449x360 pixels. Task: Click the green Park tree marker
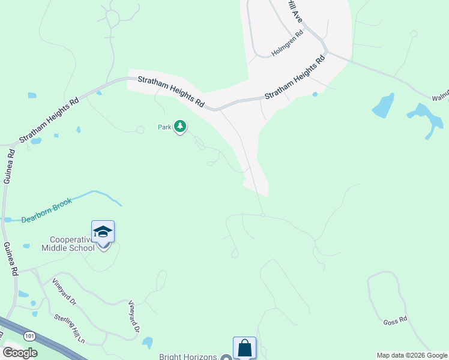[x=180, y=127]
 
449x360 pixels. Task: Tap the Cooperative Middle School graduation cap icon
[x=103, y=232]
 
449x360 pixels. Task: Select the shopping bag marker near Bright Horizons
[x=244, y=347]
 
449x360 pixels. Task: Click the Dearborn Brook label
[x=47, y=210]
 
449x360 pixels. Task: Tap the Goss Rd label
[x=395, y=322]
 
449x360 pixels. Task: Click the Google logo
[x=20, y=352]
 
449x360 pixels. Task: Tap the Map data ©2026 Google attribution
[x=412, y=355]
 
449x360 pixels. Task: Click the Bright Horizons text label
[x=187, y=357]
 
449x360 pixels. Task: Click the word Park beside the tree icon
[x=164, y=127]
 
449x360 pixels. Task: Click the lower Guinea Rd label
[x=10, y=258]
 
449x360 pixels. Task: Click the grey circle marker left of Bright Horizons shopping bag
[x=226, y=358]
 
